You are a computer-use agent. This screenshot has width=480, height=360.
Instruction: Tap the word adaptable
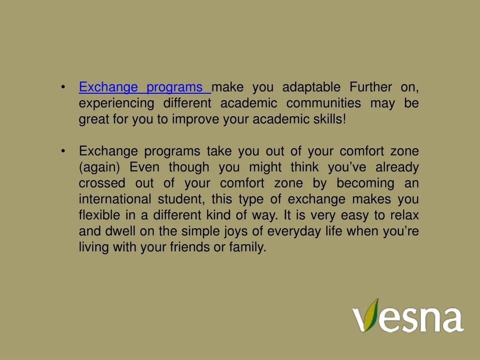pos(311,87)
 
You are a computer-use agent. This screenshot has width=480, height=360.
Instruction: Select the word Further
pos(371,87)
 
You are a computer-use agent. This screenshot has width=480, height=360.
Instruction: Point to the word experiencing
pos(116,104)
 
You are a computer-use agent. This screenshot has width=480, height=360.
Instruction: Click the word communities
pos(323,103)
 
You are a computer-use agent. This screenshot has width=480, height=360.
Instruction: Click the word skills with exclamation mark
pos(330,119)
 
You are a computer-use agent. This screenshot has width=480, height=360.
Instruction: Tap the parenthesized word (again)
pos(99,167)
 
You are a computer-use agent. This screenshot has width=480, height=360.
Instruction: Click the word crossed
pos(102,183)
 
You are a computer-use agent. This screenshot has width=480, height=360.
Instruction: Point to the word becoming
pos(366,183)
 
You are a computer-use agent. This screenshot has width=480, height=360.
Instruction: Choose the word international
pos(115,199)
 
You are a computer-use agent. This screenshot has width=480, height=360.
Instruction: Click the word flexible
pos(99,215)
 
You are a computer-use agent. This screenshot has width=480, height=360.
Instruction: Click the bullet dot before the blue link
pos(63,87)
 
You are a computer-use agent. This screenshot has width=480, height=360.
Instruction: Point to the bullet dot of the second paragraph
pos(63,151)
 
